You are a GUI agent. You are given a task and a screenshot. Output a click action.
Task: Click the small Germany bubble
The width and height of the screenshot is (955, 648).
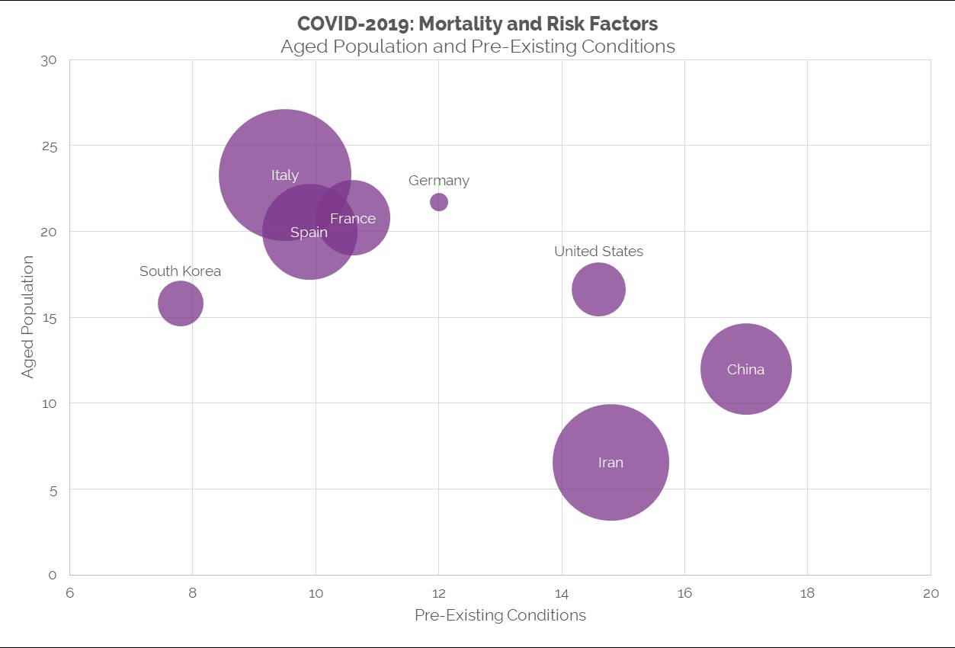(439, 202)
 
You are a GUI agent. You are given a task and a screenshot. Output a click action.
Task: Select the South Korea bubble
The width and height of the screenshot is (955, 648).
(181, 303)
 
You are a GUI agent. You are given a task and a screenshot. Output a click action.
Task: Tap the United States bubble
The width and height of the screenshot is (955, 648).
(598, 289)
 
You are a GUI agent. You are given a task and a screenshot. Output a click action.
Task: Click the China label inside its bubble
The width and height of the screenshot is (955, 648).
(745, 370)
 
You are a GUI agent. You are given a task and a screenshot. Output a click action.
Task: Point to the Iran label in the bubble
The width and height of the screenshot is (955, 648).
(610, 463)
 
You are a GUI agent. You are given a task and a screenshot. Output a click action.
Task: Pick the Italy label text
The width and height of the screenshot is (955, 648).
(285, 175)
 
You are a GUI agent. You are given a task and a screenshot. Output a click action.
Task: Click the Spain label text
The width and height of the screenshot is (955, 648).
(309, 233)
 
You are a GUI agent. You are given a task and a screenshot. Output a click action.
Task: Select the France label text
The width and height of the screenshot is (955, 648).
(353, 219)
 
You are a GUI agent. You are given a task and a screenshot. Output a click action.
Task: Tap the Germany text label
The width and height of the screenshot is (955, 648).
(439, 181)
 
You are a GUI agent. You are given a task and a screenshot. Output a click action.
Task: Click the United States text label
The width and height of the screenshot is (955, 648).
(598, 252)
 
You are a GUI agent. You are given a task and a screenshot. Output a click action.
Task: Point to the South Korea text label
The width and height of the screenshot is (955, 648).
(181, 271)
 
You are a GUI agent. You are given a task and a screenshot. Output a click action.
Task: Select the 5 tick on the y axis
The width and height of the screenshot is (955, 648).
(53, 489)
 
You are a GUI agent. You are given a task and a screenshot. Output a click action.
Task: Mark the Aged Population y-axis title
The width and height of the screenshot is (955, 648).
(28, 317)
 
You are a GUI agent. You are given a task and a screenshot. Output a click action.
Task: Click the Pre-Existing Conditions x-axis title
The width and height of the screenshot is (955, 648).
(500, 615)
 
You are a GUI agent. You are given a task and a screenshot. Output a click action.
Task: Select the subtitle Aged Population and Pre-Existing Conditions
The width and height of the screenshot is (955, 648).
(478, 47)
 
